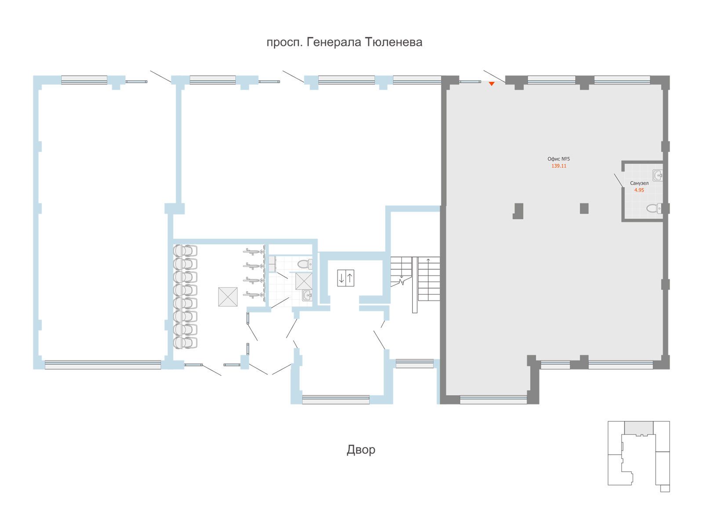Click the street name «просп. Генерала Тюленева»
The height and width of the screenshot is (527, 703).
pos(344,42)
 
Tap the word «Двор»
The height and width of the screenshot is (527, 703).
pos(361,450)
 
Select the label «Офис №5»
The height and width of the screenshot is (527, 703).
pos(558,159)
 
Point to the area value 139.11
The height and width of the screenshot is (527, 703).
pos(558,166)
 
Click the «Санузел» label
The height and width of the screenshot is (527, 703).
pos(639,183)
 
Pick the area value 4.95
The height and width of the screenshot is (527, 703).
pos(639,190)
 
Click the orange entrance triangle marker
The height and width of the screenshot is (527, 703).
pos(492,84)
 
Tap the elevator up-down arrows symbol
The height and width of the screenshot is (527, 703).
pos(346,278)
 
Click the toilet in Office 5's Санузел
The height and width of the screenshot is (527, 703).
pos(654,209)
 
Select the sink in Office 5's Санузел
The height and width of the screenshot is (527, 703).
pos(657,175)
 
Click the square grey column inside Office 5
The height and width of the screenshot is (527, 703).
pos(584,209)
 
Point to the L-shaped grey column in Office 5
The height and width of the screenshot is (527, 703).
pos(518,211)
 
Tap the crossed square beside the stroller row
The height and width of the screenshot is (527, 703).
pos(228,296)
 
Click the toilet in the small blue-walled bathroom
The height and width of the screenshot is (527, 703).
pos(305,264)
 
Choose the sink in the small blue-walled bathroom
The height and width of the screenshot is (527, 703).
pos(307,295)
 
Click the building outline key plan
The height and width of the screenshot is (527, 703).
pos(638,456)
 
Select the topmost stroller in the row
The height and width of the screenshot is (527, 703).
pos(185,250)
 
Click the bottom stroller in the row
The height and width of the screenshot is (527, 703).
pos(185,343)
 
